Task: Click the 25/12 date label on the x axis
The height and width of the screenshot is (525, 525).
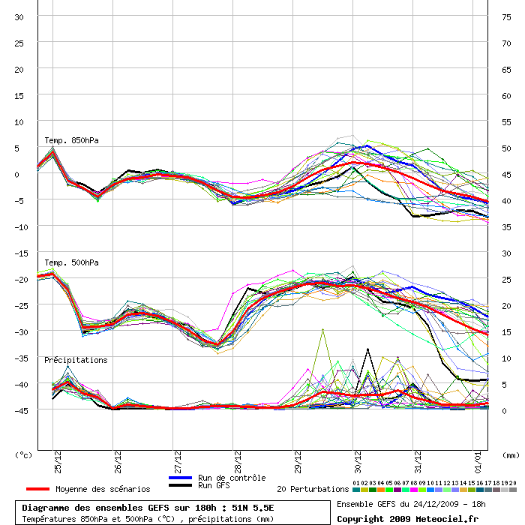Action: (x=58, y=462)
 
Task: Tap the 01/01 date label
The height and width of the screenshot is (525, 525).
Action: (x=478, y=462)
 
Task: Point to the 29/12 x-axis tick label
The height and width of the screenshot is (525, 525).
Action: (x=298, y=462)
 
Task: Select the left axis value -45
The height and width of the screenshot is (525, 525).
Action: (x=21, y=410)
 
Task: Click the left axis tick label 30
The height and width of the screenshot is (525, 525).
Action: (x=19, y=17)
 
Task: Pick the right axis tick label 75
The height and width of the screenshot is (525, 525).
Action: (x=506, y=17)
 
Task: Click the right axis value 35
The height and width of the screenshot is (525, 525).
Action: (x=506, y=227)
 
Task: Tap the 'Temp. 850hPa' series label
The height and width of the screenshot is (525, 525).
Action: (x=72, y=140)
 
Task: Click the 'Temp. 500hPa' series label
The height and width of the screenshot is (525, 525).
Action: (x=72, y=262)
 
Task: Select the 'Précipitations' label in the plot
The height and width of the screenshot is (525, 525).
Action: (x=76, y=360)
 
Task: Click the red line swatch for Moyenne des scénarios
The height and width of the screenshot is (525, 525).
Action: (x=37, y=489)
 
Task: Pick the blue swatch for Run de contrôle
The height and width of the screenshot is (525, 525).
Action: (x=181, y=478)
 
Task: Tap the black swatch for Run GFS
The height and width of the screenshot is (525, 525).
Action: (x=181, y=485)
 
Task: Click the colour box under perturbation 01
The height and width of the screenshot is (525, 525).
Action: (x=356, y=490)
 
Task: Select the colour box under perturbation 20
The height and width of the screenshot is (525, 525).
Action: (x=512, y=490)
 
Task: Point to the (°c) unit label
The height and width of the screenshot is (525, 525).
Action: (x=23, y=455)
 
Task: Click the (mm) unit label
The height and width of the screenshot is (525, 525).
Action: (x=511, y=455)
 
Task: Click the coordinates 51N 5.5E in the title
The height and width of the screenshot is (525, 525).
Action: (x=253, y=508)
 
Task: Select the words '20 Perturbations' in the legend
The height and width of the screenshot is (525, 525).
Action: (x=313, y=489)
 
